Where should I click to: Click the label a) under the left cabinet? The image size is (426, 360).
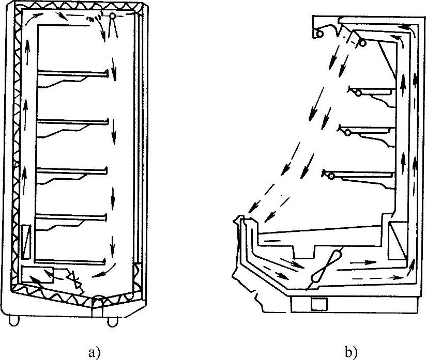click(x=93, y=353)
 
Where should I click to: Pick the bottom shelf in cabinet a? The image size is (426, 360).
click(x=72, y=260)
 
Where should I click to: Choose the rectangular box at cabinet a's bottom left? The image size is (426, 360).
click(x=38, y=276)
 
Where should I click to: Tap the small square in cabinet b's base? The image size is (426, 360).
click(x=318, y=304)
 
